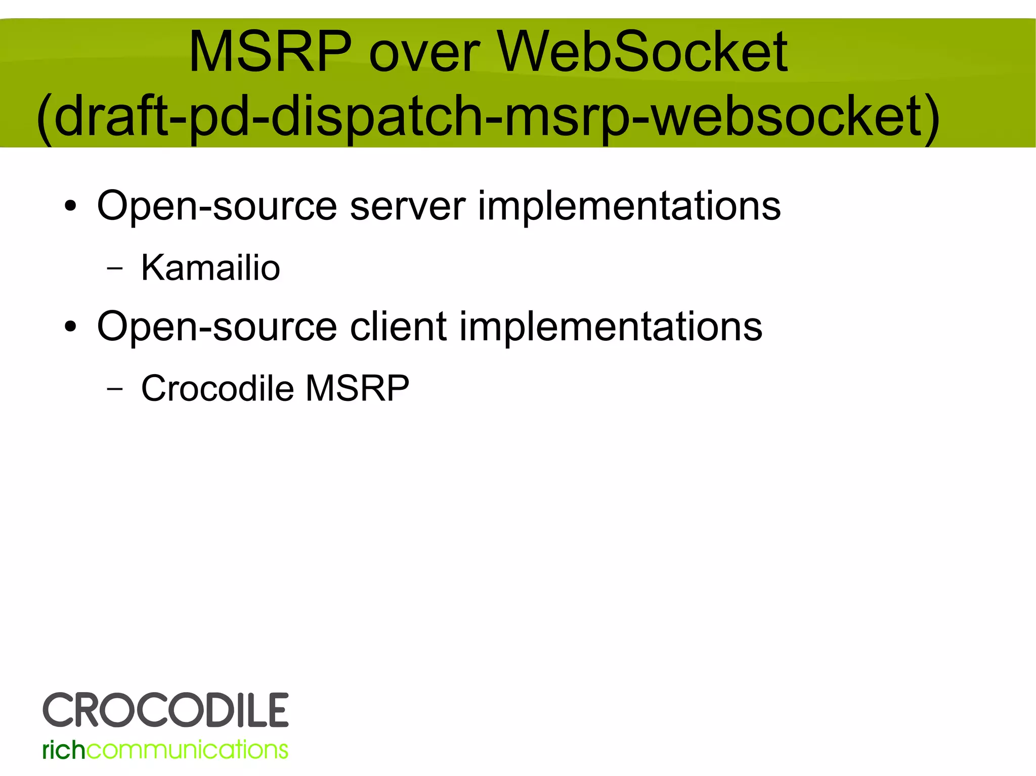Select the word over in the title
click(424, 56)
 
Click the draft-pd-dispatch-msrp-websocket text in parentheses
click(488, 117)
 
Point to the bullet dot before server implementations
click(70, 206)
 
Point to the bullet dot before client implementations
click(70, 327)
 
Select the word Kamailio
click(210, 267)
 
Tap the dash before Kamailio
click(115, 268)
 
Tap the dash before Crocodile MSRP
click(115, 389)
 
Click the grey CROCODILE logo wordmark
click(165, 710)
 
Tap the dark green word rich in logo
click(64, 750)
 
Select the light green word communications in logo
click(187, 750)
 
